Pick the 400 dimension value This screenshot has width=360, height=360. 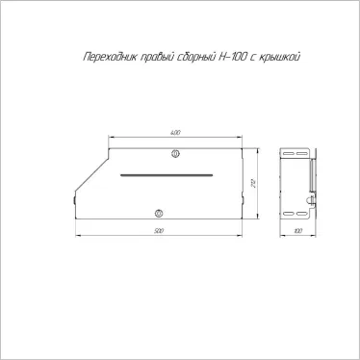click(175, 132)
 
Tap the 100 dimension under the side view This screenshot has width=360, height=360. click(296, 231)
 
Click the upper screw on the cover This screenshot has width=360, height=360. click(174, 154)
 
